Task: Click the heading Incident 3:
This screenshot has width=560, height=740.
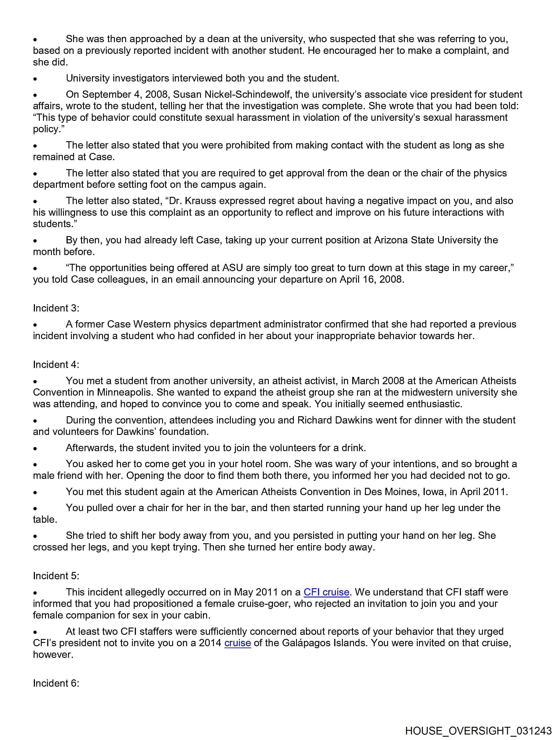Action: [x=56, y=308]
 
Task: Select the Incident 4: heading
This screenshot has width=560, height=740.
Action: [x=56, y=365]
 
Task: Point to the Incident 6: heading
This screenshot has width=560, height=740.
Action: [x=56, y=683]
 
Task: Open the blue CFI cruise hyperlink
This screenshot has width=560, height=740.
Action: [x=326, y=592]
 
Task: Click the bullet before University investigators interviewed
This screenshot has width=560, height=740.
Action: [x=35, y=79]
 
